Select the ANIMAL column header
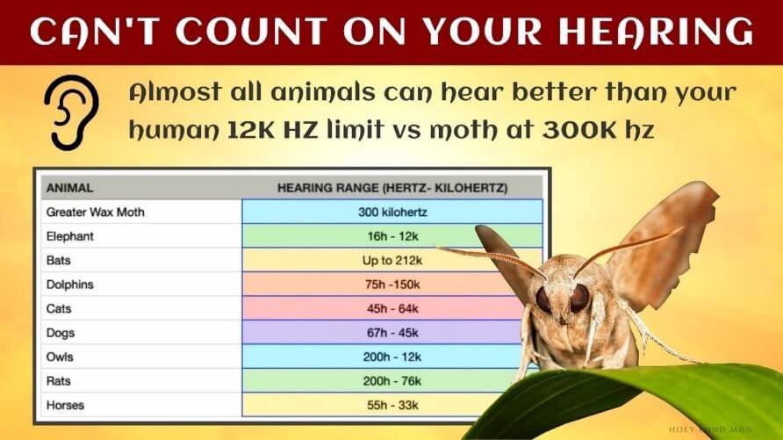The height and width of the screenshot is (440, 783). click(x=69, y=187)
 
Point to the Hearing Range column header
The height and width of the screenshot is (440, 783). click(x=392, y=187)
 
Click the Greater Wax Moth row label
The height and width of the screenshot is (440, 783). click(x=96, y=212)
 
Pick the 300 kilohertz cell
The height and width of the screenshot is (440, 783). click(x=391, y=212)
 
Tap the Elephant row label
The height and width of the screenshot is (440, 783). click(x=69, y=236)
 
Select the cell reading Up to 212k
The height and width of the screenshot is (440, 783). click(x=391, y=261)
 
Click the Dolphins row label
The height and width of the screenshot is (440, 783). click(x=69, y=285)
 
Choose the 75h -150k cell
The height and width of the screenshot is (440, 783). click(x=391, y=285)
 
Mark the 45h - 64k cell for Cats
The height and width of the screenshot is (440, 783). click(x=391, y=309)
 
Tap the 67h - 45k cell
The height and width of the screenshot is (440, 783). click(x=391, y=333)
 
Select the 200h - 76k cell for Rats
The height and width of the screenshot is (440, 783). click(x=391, y=381)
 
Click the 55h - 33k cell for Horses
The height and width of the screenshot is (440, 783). click(x=391, y=406)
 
